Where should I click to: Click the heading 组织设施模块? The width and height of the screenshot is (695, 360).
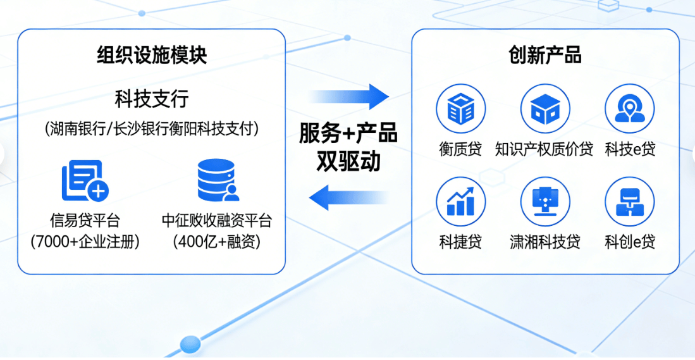point(152,56)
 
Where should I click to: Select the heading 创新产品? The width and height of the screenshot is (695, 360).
point(545,56)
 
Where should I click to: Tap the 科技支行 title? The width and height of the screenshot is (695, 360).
point(152,99)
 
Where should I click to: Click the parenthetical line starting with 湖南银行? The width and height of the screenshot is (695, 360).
point(152,129)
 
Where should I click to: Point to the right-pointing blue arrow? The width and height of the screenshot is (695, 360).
point(348,96)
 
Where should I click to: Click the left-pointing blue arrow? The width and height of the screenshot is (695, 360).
point(348,197)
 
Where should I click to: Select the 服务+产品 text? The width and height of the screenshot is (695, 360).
point(348,133)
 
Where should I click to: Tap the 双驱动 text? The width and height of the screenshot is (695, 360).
point(348,162)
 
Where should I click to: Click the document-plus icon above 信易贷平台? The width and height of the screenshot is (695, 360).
point(85,180)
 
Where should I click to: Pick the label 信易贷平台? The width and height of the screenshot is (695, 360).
point(85,220)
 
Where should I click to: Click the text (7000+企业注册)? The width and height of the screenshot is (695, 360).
point(85,242)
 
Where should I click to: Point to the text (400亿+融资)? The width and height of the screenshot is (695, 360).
point(217,242)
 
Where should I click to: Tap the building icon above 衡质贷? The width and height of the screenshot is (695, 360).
point(460,109)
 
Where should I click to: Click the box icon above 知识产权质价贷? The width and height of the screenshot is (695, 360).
point(545,109)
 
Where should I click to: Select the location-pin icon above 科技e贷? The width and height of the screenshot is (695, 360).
point(630,109)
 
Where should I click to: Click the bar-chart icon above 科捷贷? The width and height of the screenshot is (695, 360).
point(460,202)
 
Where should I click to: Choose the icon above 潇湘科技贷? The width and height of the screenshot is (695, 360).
point(545,202)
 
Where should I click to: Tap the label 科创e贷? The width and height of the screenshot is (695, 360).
point(630,242)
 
